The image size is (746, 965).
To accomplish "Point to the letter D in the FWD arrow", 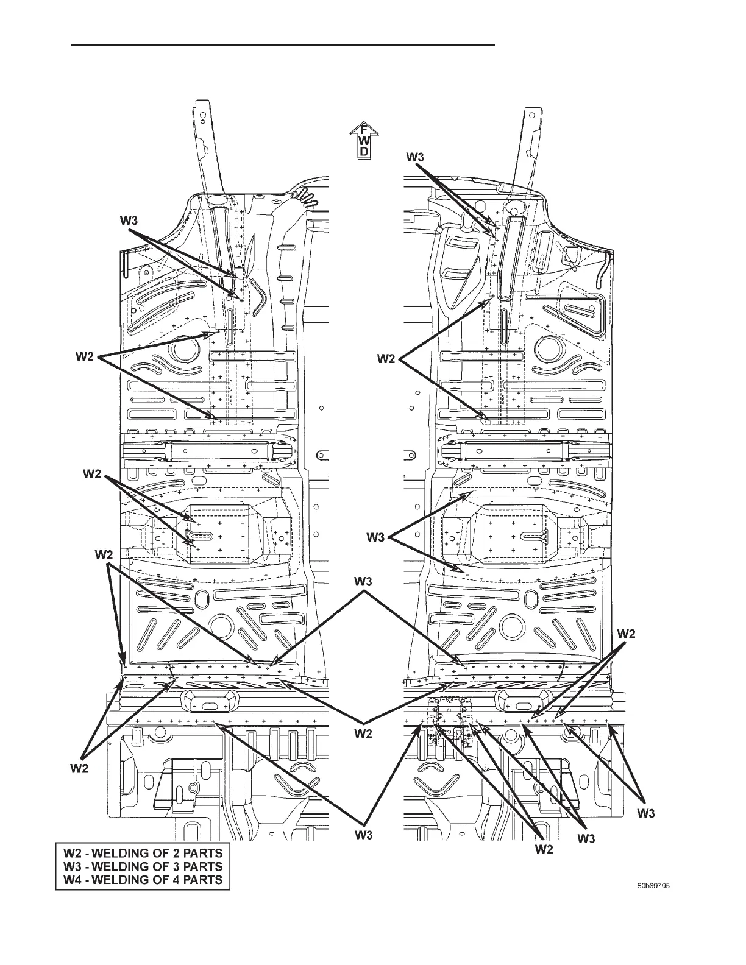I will pos(364,152).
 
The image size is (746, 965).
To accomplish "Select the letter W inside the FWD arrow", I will pos(364,141).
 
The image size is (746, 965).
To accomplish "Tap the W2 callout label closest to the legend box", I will pos(79,768).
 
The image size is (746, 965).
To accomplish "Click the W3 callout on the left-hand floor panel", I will pos(128,221).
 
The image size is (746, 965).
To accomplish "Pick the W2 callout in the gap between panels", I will pos(363,734).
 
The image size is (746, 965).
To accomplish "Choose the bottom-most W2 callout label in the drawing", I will pos(544,849).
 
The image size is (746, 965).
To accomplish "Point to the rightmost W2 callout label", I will pos(627,634).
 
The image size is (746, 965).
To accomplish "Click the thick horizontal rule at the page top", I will pos(283,44).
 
